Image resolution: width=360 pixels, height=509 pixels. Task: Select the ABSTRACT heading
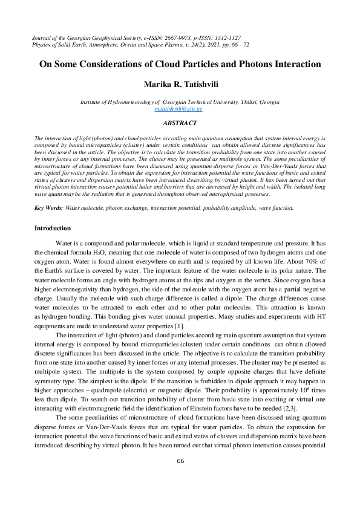(180, 123)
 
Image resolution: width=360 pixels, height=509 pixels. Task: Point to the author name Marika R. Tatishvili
(180, 83)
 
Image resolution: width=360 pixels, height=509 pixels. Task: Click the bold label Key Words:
(48, 174)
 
